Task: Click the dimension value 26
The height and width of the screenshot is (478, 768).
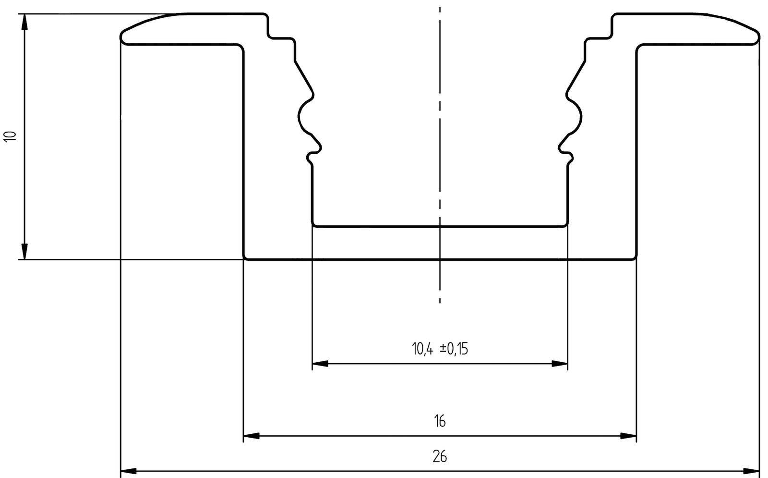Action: tap(439, 456)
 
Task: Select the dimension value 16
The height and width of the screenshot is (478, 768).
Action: tap(439, 421)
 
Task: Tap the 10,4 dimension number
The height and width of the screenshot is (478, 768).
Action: tap(423, 348)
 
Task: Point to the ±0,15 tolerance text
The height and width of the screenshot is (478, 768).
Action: tap(454, 348)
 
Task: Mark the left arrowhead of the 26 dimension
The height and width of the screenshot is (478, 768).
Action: tap(128, 470)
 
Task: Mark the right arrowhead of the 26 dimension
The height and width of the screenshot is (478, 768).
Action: tap(752, 470)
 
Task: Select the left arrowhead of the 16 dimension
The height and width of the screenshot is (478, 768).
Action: tap(251, 436)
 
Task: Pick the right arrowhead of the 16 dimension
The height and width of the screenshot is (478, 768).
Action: tap(628, 436)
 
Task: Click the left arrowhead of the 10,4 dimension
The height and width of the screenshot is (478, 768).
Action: tap(320, 364)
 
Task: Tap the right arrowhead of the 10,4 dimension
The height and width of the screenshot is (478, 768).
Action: tap(560, 364)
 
